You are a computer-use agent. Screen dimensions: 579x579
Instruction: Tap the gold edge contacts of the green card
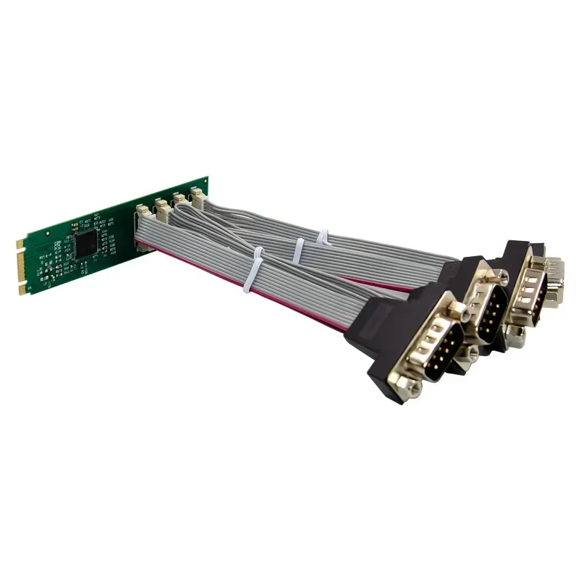[23, 269]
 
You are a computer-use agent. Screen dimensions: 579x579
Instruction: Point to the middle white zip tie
[297, 250]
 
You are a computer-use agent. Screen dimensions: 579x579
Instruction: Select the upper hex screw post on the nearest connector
[457, 311]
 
